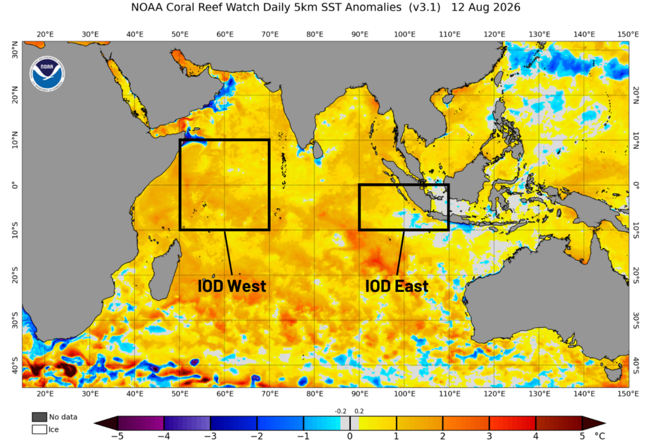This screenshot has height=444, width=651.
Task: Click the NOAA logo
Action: click(x=48, y=74)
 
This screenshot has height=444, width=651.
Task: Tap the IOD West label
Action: click(x=231, y=286)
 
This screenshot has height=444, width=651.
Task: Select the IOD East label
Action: click(x=397, y=286)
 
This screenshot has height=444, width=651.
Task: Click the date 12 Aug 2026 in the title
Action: click(x=486, y=8)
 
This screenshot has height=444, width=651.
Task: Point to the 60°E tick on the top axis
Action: click(x=225, y=34)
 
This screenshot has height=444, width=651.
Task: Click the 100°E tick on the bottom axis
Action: click(x=405, y=394)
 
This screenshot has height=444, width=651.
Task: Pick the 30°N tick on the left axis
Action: click(x=15, y=50)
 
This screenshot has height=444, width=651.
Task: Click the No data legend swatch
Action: click(x=39, y=417)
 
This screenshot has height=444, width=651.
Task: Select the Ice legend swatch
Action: click(x=39, y=429)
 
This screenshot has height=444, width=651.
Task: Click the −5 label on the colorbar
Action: click(x=118, y=436)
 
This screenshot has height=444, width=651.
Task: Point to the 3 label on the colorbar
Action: click(x=490, y=436)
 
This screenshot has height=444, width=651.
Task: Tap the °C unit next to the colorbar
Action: click(x=600, y=436)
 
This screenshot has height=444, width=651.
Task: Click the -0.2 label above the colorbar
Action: click(x=341, y=411)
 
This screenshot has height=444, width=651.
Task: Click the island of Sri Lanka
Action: click(x=318, y=150)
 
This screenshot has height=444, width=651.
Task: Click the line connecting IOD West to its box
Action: click(x=228, y=253)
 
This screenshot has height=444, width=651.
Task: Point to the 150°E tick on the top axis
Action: click(x=627, y=34)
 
